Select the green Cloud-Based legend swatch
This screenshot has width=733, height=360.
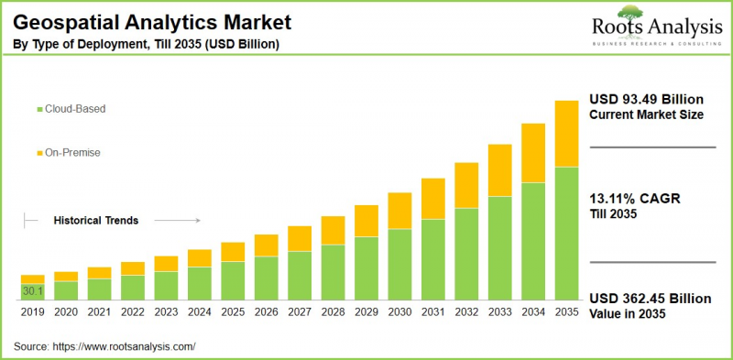click(38, 109)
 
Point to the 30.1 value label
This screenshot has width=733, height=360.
click(33, 291)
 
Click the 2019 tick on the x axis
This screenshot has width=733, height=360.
click(33, 312)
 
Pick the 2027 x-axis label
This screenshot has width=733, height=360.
click(300, 312)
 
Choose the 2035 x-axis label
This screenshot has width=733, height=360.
click(566, 312)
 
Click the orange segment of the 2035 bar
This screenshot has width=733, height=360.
click(566, 134)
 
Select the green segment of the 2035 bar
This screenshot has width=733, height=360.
click(566, 234)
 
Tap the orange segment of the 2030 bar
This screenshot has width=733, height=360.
click(399, 211)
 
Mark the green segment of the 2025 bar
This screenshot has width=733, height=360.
click(233, 281)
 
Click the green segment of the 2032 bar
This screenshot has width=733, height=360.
click(466, 254)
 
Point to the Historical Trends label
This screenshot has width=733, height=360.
click(96, 221)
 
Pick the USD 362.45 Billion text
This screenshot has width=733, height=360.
click(649, 299)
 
